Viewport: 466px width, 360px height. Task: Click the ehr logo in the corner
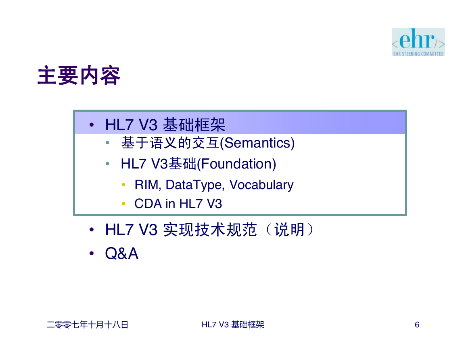click(x=418, y=42)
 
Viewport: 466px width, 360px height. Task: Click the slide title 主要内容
click(x=79, y=75)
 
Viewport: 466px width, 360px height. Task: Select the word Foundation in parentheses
click(x=236, y=164)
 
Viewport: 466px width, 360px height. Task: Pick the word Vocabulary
click(x=261, y=185)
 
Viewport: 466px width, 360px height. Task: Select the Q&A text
click(x=122, y=253)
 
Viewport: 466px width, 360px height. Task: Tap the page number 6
click(x=417, y=325)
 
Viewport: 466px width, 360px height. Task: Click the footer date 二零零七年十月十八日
click(x=88, y=325)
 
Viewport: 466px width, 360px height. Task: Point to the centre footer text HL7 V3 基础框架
click(x=233, y=325)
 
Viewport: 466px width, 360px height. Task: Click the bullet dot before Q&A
click(x=92, y=254)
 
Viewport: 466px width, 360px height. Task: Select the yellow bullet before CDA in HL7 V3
click(x=123, y=204)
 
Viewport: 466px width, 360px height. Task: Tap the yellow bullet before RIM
click(x=123, y=185)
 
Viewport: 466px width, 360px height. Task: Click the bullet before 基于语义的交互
click(x=107, y=143)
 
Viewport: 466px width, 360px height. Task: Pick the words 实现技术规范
click(x=210, y=230)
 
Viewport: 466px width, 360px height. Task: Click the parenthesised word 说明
click(x=289, y=230)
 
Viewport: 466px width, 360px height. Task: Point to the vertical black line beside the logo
click(x=390, y=63)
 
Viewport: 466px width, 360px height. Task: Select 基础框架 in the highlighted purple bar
click(x=194, y=125)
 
